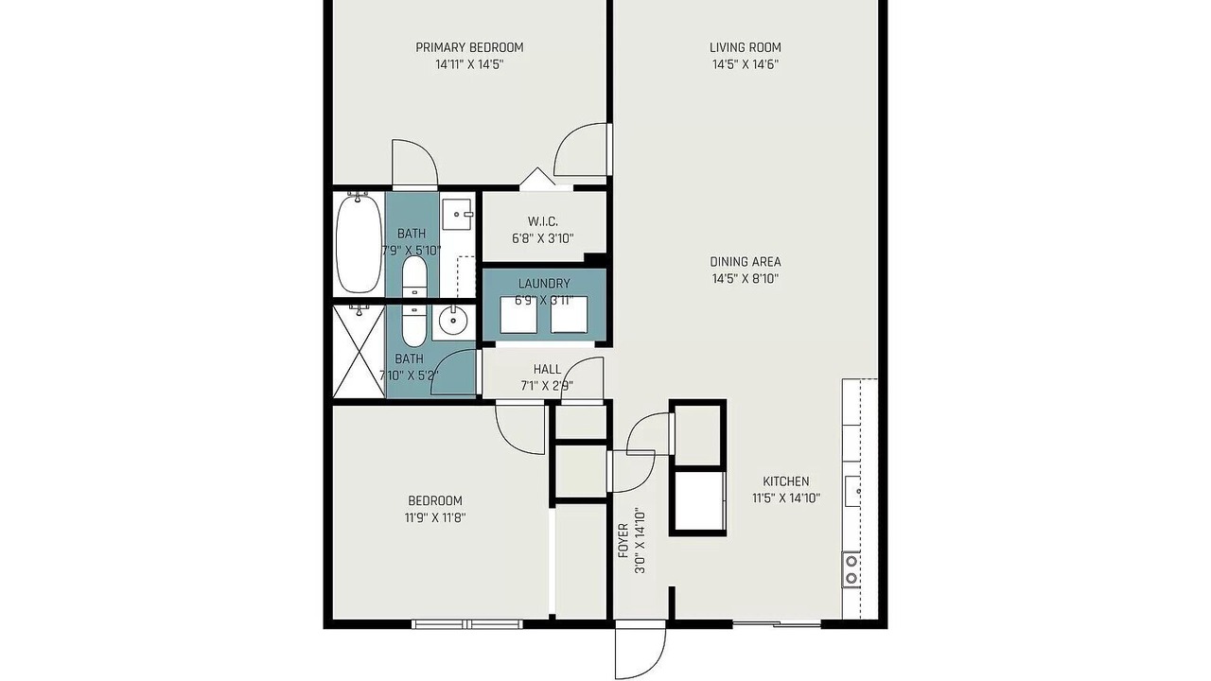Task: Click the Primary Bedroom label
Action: tap(469, 47)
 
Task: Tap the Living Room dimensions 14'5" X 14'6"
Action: tap(745, 65)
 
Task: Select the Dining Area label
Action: tap(745, 262)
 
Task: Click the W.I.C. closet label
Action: tap(543, 221)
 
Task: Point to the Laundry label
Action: tap(544, 284)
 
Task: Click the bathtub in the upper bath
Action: tap(358, 243)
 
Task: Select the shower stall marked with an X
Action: tap(358, 351)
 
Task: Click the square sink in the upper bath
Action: tap(457, 214)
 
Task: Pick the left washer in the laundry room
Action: tap(518, 315)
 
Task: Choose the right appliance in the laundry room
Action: tap(569, 315)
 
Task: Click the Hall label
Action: tap(547, 370)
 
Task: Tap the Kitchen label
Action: tap(786, 481)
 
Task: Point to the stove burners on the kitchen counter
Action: tap(851, 569)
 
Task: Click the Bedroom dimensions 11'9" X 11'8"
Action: tap(435, 517)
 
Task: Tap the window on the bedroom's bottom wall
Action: tap(467, 624)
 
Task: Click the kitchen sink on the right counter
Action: tap(853, 491)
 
